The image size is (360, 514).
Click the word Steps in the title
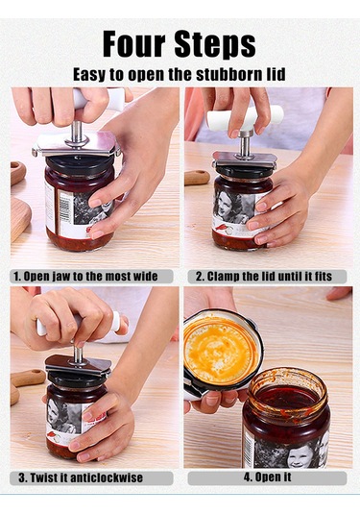click(x=215, y=44)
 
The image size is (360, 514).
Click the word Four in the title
click(x=134, y=43)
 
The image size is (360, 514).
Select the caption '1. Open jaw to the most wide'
click(x=85, y=277)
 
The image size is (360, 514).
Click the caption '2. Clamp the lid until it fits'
click(x=264, y=277)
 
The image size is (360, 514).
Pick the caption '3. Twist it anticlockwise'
click(x=81, y=477)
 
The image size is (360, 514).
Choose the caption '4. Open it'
click(x=267, y=477)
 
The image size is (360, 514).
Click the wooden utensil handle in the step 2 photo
click(x=197, y=177)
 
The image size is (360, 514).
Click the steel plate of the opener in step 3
click(x=78, y=364)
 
